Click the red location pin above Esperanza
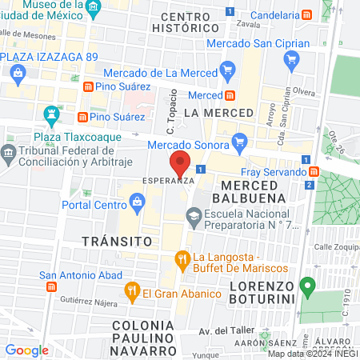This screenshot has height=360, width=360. [180, 163]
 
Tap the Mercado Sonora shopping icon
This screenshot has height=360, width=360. [238, 144]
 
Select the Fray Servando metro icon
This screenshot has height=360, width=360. [314, 172]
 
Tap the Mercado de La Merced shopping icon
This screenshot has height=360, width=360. [227, 73]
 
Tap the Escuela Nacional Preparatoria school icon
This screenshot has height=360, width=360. [194, 214]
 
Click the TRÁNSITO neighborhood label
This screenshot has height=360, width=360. [117, 240]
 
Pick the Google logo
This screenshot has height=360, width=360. [27, 350]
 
